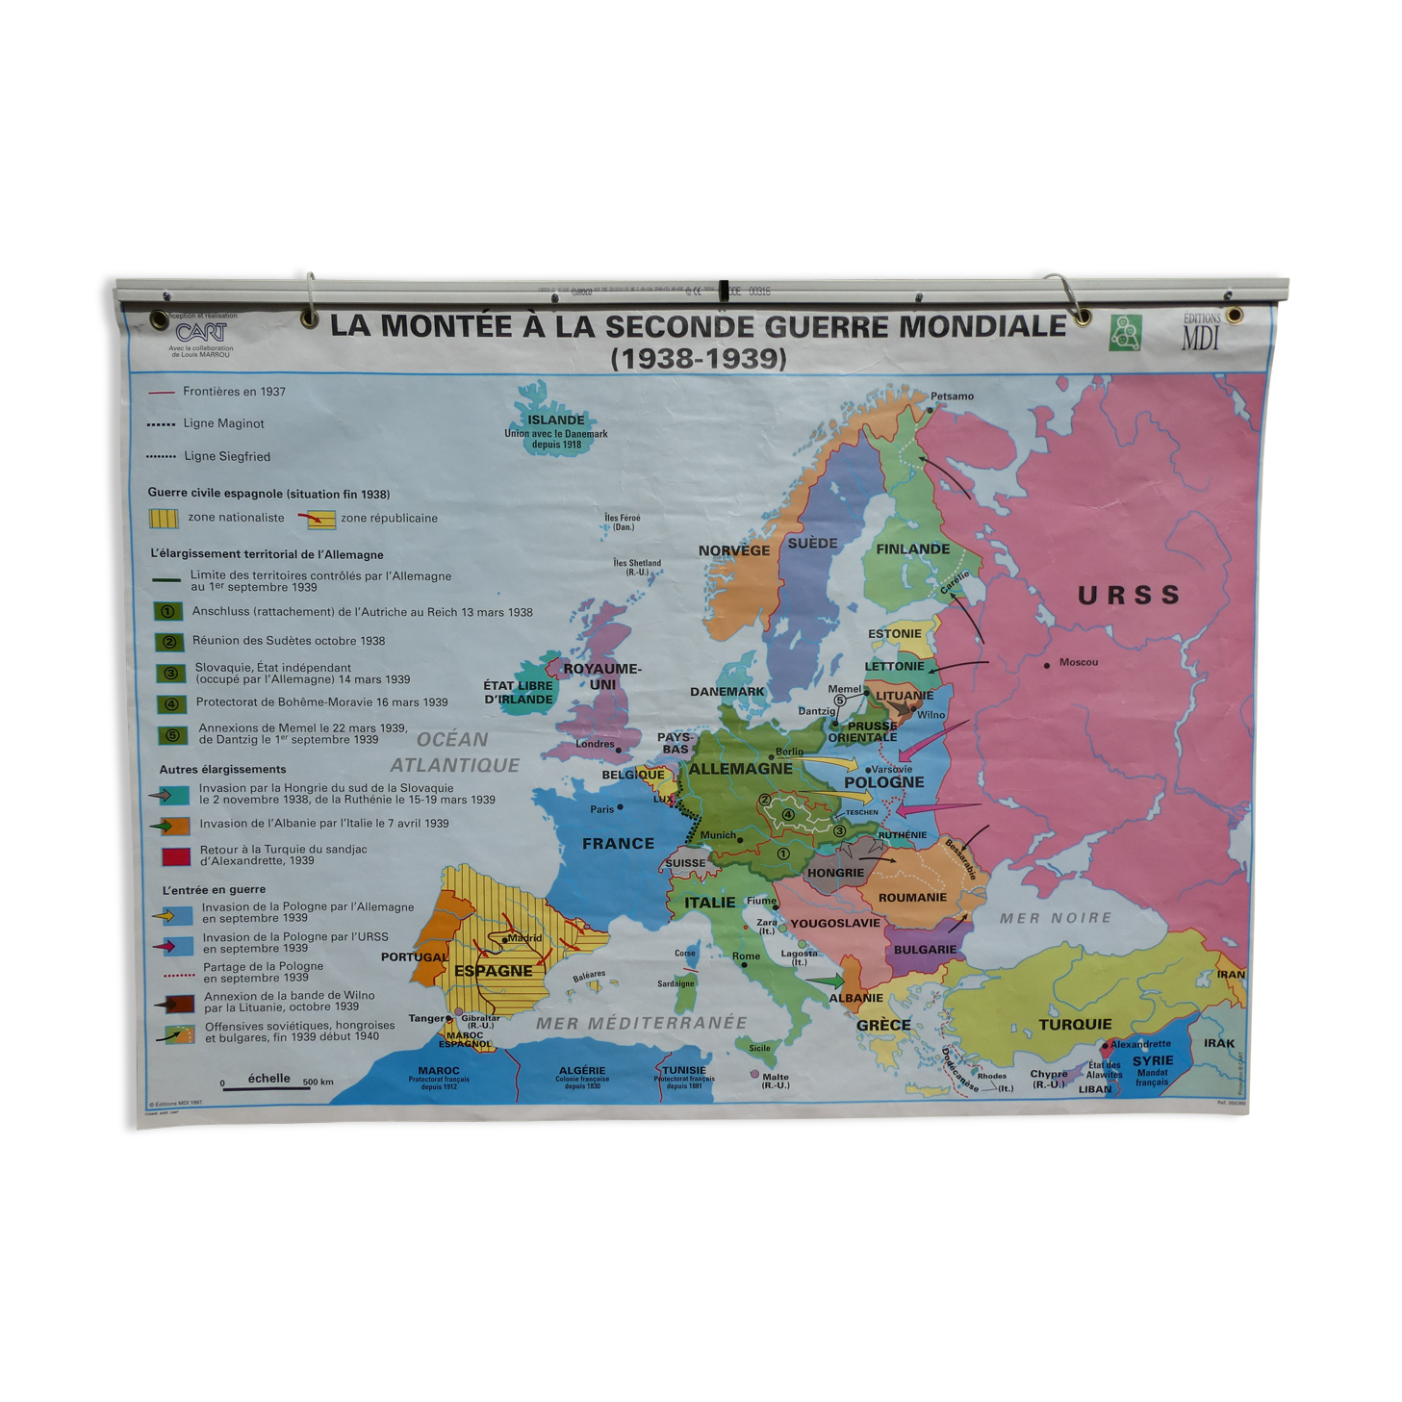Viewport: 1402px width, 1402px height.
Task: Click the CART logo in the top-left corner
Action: pyautogui.click(x=201, y=332)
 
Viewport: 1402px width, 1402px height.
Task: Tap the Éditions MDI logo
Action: pyautogui.click(x=1200, y=332)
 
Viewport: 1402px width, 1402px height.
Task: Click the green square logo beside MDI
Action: pyautogui.click(x=1125, y=332)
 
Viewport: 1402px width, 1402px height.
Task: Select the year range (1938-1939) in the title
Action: pyautogui.click(x=699, y=359)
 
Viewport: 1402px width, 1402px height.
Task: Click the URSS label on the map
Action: pyautogui.click(x=1129, y=596)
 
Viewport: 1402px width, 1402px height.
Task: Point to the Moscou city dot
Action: pyautogui.click(x=1047, y=664)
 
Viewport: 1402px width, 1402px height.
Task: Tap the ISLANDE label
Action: pyautogui.click(x=555, y=421)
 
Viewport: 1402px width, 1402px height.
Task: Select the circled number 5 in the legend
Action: pyautogui.click(x=173, y=736)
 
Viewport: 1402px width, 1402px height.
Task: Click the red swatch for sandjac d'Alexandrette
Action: pyautogui.click(x=176, y=855)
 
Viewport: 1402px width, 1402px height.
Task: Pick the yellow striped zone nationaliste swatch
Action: pyautogui.click(x=165, y=518)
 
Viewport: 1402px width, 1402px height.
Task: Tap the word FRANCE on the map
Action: pyautogui.click(x=618, y=844)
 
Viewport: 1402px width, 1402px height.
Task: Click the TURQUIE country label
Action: pyautogui.click(x=1075, y=1025)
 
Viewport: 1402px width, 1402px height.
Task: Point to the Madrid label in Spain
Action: pyautogui.click(x=524, y=937)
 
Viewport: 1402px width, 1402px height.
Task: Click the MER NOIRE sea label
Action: pyautogui.click(x=1055, y=918)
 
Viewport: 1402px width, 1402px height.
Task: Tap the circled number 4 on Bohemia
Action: pyautogui.click(x=788, y=814)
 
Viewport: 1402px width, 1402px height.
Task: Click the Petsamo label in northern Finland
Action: pyautogui.click(x=952, y=396)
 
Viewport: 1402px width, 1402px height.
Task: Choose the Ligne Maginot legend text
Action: pyautogui.click(x=224, y=423)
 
